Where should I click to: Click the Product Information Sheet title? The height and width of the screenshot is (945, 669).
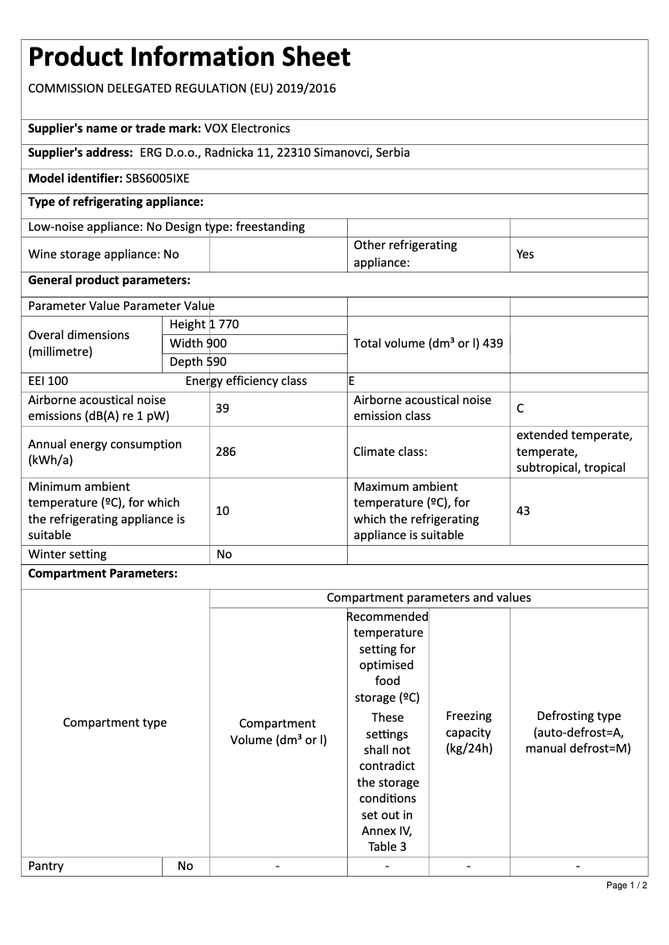(189, 57)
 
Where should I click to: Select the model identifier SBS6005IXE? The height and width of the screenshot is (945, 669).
(158, 177)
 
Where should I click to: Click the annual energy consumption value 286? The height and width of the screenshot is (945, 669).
(225, 452)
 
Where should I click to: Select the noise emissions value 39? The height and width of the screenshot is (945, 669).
(222, 408)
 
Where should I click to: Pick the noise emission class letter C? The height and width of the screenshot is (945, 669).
(521, 408)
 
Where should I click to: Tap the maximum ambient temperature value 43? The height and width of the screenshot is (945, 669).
(523, 511)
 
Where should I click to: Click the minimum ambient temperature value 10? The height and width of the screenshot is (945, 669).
(222, 511)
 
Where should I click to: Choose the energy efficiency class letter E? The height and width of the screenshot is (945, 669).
(352, 381)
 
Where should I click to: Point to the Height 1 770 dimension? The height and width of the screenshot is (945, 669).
(204, 324)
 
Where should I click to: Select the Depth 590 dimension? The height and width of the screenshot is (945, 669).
(198, 362)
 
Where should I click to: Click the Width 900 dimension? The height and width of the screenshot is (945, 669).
(198, 343)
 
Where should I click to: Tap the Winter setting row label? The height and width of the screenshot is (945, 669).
(68, 554)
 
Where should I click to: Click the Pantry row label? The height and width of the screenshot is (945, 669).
(46, 866)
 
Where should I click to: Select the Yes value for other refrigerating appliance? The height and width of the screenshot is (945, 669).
(525, 254)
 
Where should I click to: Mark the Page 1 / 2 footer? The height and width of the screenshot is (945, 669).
(626, 885)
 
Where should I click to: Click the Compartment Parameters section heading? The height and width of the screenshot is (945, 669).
(103, 574)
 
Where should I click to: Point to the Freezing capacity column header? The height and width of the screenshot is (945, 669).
(469, 732)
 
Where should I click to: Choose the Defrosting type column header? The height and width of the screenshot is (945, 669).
(578, 732)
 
